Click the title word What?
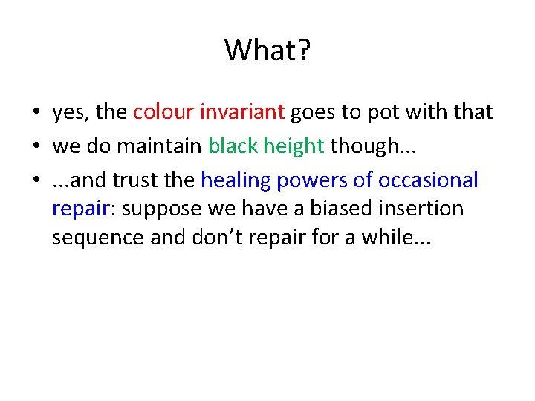point(267,50)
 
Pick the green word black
point(233,146)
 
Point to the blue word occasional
point(429,180)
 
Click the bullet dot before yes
point(36,113)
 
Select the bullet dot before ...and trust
point(36,180)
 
